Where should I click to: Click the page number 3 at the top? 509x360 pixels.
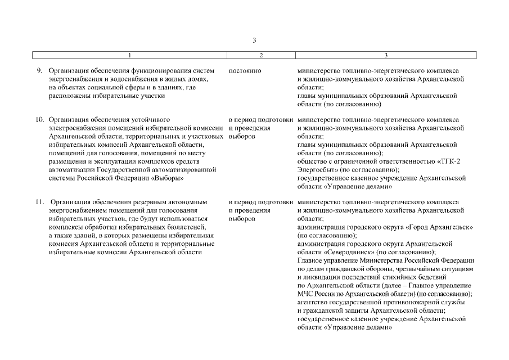coord(254,40)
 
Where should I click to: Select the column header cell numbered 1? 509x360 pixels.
coord(129,55)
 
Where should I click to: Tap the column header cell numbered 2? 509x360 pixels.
coord(261,55)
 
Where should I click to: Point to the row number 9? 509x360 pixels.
coord(40,71)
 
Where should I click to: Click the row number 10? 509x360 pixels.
coord(40,120)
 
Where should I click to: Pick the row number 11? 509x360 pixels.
coord(40,201)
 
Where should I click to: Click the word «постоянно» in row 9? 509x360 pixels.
coord(245,71)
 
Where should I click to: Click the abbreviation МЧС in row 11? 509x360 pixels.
coord(305,294)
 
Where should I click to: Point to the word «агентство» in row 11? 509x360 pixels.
coord(313,302)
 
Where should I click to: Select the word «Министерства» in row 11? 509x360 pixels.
coord(387,260)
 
